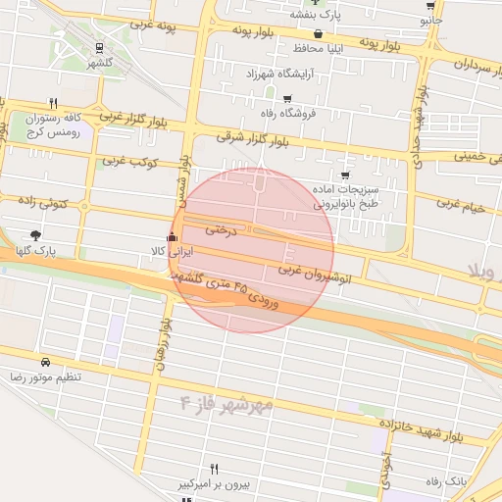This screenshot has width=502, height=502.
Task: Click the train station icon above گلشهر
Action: point(100,47)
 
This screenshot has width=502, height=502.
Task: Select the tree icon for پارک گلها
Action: point(35,235)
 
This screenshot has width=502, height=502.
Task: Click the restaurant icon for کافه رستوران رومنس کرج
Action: point(53,102)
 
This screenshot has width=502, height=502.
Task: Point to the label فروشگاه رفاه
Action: point(285,113)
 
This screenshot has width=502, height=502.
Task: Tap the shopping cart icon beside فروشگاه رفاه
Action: point(286,98)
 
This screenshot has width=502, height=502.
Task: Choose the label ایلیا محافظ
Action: point(320,47)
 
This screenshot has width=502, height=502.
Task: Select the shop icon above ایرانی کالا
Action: point(174,236)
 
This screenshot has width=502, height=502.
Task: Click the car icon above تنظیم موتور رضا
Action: point(45,362)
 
